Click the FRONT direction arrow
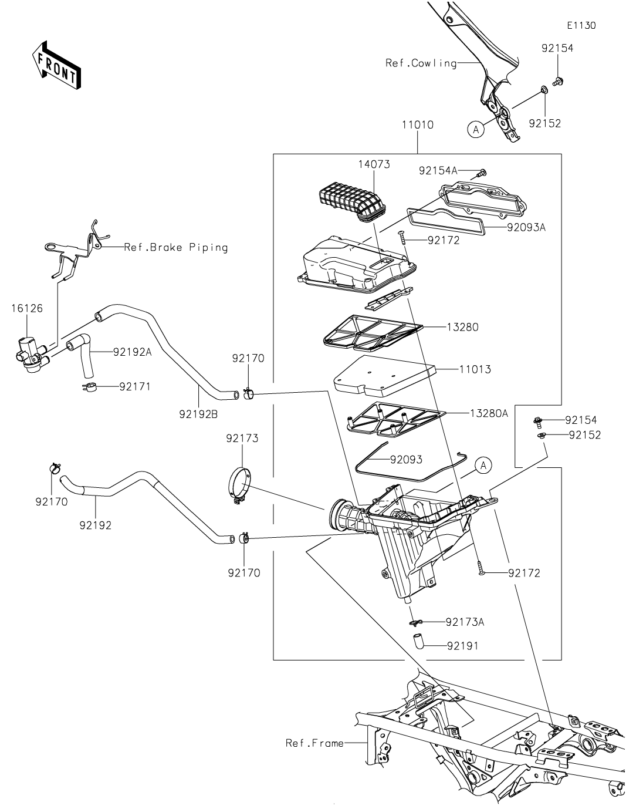pos(56,65)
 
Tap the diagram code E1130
pos(581,25)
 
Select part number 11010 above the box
pos(417,124)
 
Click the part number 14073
pos(374,164)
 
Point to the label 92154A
pos(438,170)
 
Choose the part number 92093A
pos(526,227)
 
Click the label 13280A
pos(489,413)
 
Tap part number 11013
pos(475,369)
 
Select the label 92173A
pos(465,622)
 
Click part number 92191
pos(462,646)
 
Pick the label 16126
pos(27,308)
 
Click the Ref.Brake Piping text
pos(176,248)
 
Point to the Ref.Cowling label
pos(421,63)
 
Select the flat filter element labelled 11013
pos(385,376)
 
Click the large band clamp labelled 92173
pos(239,486)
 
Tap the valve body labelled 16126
pos(31,355)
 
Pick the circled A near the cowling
pos(476,130)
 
